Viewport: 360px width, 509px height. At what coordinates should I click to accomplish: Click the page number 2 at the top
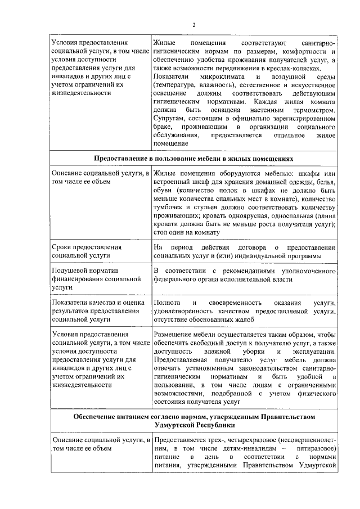coord(193,25)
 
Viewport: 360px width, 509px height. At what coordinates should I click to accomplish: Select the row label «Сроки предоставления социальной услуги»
coord(87,251)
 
